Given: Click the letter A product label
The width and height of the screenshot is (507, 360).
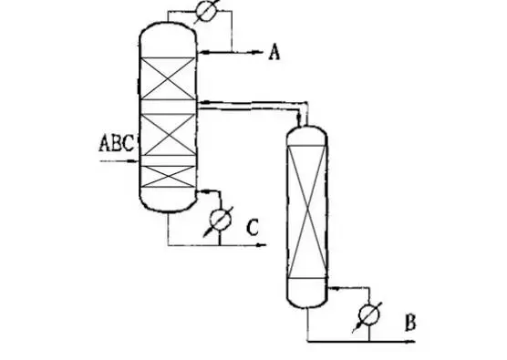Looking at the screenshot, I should (274, 53).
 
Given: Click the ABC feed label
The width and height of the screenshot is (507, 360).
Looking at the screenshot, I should (116, 142).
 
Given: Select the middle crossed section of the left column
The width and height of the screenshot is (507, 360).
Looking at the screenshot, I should (168, 137).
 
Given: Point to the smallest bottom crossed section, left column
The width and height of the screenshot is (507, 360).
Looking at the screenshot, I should (168, 174).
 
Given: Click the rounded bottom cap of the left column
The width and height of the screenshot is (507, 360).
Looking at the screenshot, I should (168, 200).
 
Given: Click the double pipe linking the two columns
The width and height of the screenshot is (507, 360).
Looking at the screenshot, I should (251, 106).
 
